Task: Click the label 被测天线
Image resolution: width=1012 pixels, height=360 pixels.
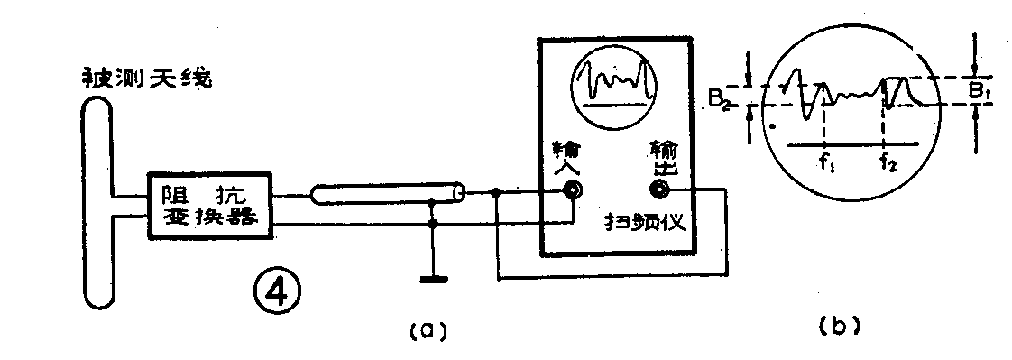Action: [x=145, y=78]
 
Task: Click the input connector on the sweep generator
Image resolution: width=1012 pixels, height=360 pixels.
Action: [x=572, y=190]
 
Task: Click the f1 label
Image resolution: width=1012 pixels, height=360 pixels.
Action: [x=825, y=165]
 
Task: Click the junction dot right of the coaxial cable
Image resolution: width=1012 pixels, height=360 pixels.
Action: [x=497, y=192]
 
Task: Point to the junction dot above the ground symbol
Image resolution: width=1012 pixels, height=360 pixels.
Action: [x=434, y=222]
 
